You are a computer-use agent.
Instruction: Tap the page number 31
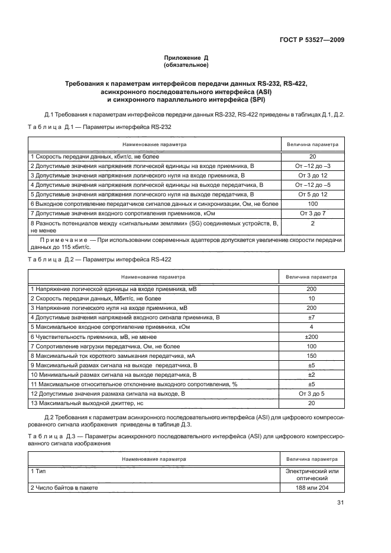[340, 503]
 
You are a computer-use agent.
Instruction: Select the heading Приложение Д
[186, 57]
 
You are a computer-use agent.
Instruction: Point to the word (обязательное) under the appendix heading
[186, 65]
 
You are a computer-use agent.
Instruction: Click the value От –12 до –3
[312, 166]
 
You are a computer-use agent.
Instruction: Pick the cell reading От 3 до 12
[312, 176]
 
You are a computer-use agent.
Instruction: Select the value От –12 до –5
[312, 185]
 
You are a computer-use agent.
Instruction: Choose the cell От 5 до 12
[312, 194]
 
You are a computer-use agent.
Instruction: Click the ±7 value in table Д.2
[311, 317]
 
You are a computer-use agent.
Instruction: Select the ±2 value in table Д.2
[311, 374]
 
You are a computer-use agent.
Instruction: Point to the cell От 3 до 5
[311, 393]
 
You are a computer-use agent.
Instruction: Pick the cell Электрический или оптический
[311, 474]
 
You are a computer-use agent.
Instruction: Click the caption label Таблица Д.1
[50, 127]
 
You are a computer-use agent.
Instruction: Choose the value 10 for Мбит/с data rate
[311, 298]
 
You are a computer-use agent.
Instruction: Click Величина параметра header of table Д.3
[311, 458]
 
